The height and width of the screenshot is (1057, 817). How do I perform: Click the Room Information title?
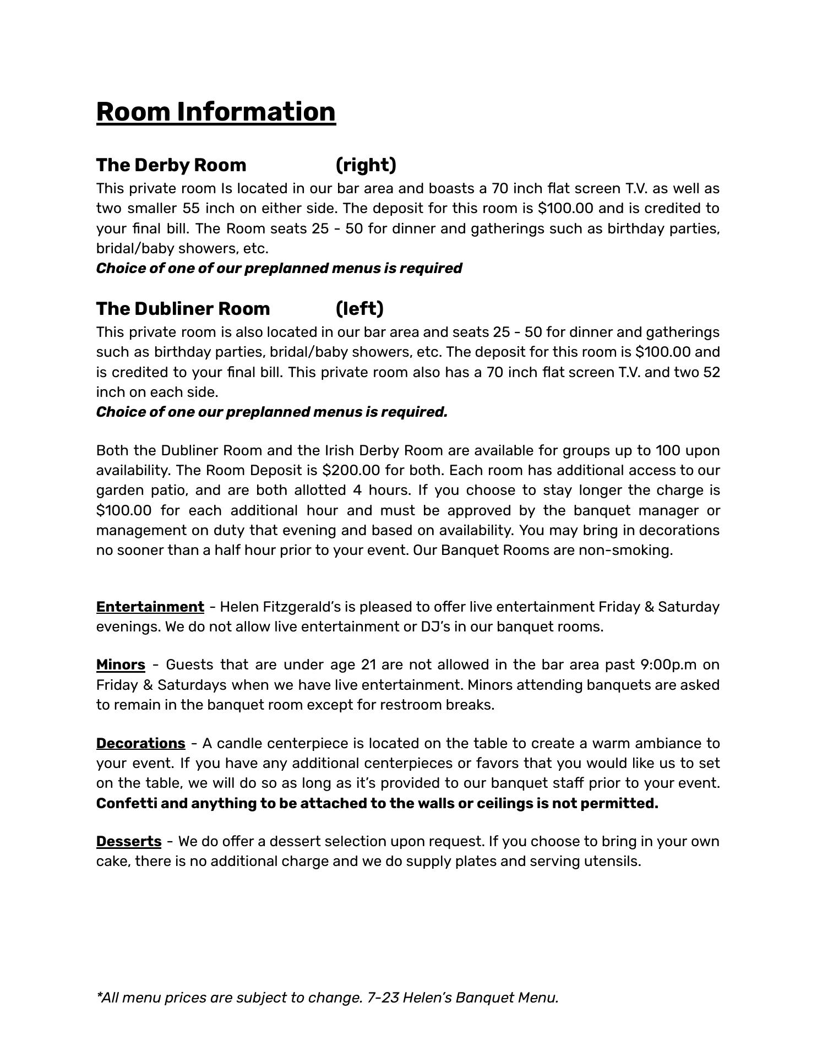coord(216,112)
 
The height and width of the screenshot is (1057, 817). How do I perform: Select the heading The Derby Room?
coord(171,165)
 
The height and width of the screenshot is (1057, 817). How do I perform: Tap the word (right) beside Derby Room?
coord(366,165)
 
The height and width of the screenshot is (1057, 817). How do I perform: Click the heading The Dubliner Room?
coord(183,309)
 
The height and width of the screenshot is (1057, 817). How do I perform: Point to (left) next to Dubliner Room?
coord(360,309)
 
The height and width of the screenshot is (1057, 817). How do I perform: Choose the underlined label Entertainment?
coord(150,607)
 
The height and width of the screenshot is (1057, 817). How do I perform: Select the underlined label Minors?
coord(121,665)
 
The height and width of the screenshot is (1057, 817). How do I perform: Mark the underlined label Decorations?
coord(140,744)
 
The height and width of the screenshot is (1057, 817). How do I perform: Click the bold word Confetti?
coord(127,804)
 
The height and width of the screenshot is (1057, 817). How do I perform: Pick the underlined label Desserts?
coord(129,842)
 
